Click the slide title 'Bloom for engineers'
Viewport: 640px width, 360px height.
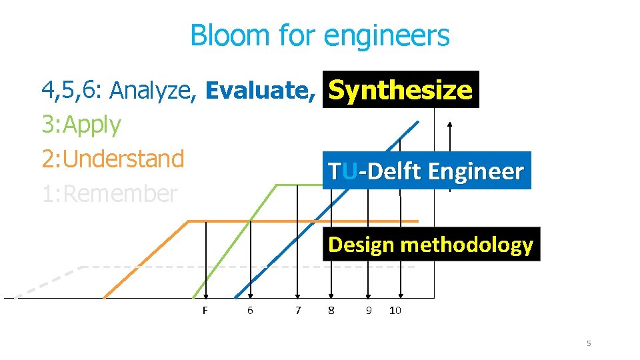point(320,35)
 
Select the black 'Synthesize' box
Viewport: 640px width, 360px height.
point(401,90)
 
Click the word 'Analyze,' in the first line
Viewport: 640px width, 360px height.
point(153,90)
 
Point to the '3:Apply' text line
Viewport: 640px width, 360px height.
point(81,125)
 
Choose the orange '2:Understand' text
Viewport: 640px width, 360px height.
point(113,159)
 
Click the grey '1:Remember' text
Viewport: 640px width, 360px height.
point(109,194)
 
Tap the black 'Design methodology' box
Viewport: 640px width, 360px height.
point(431,245)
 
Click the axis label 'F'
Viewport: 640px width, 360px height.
point(205,310)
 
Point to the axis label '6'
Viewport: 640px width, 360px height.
point(250,310)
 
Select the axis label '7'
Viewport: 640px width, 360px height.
point(298,310)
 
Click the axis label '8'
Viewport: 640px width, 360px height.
point(331,310)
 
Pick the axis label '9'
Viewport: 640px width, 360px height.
point(369,310)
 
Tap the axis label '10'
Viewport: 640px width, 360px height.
point(395,310)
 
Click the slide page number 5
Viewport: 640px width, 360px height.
point(589,343)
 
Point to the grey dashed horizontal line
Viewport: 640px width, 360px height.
point(200,267)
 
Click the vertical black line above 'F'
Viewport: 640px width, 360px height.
point(206,260)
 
